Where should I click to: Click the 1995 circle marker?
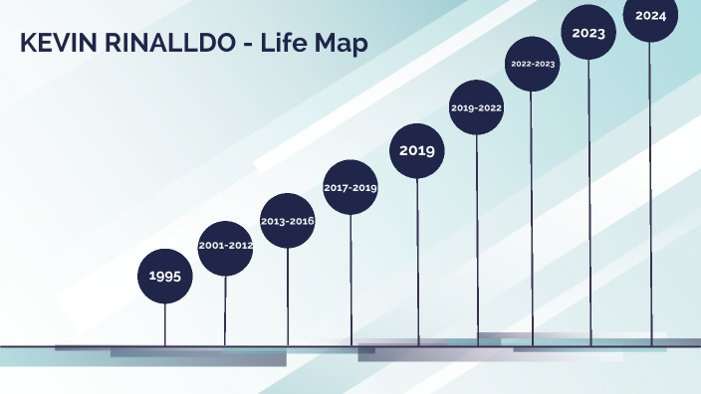(164, 276)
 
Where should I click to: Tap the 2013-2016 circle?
(287, 221)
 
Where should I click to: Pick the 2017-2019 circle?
(350, 187)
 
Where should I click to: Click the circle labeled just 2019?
(416, 151)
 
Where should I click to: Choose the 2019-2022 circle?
(476, 107)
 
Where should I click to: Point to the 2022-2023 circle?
(532, 64)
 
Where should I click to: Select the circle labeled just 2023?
(588, 32)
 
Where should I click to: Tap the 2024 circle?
(651, 16)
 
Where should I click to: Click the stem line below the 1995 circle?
(165, 323)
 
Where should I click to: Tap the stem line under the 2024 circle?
(652, 199)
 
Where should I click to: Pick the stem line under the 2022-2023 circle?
(532, 219)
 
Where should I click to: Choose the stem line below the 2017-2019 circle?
(350, 279)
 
